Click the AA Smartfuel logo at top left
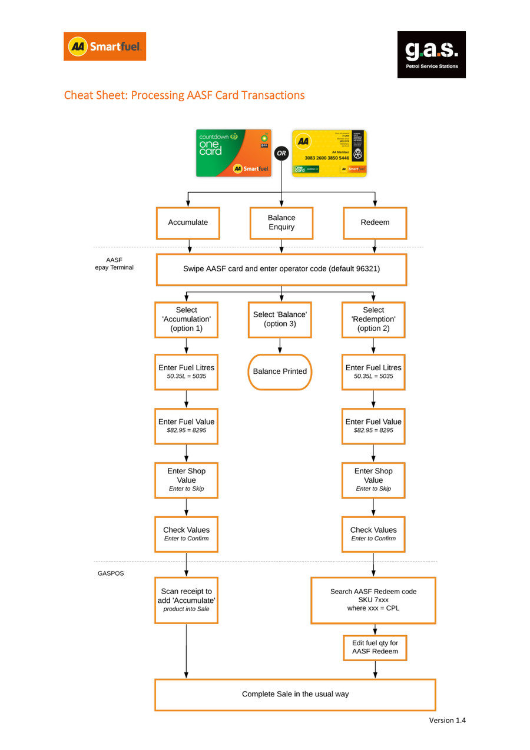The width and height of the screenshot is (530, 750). [x=105, y=47]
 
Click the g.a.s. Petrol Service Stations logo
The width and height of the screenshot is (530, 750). [x=431, y=55]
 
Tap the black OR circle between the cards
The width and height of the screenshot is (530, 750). [x=281, y=153]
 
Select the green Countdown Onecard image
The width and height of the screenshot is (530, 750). [x=233, y=153]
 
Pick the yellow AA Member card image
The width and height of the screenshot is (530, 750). [x=329, y=153]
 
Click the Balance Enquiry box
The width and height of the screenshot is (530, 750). [x=281, y=223]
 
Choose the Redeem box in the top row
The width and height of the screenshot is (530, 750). [x=375, y=223]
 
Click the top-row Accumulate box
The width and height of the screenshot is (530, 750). [x=188, y=223]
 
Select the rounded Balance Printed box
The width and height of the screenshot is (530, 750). [x=280, y=371]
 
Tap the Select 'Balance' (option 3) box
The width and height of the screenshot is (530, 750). [x=280, y=320]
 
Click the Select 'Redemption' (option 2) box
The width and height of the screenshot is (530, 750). [x=373, y=320]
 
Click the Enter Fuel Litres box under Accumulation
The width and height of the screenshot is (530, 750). [x=186, y=371]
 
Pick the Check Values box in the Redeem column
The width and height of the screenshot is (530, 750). [x=373, y=534]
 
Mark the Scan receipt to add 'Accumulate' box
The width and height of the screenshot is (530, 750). [x=186, y=600]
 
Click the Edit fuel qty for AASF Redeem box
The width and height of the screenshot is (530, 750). [x=375, y=647]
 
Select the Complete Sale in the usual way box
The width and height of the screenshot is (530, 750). [x=295, y=694]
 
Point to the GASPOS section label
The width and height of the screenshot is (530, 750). [x=111, y=573]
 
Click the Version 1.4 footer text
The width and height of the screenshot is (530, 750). [x=447, y=720]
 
